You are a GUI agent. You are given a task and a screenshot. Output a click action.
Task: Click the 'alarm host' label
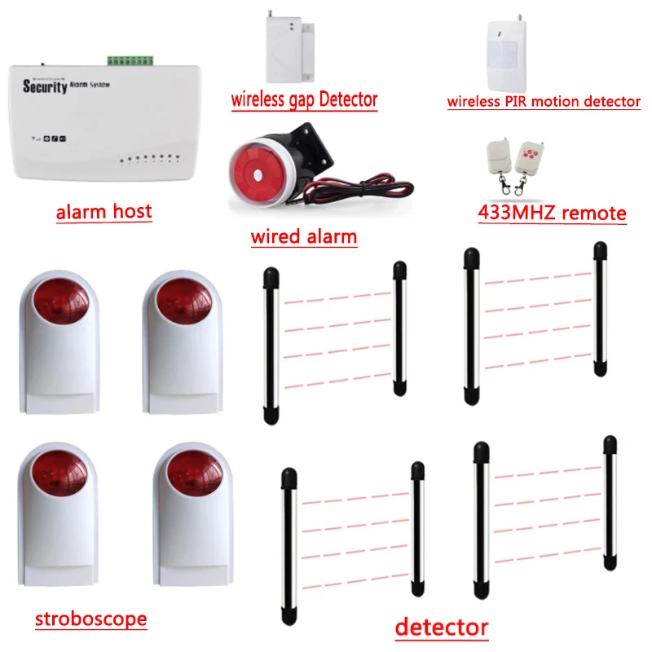coord(104,212)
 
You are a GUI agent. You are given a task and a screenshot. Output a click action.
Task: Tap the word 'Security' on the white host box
coord(45,86)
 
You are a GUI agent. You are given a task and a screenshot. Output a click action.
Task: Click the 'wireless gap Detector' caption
coord(304,100)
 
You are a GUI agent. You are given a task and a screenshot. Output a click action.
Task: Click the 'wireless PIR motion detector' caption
coord(544,102)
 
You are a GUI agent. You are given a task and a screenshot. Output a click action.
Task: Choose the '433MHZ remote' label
coord(551,214)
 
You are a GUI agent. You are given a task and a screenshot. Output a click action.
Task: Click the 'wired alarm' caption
coord(304,237)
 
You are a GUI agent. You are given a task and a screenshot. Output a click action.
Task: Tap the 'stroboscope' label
coord(90,619)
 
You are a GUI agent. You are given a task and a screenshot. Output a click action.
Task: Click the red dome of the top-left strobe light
coord(59,306)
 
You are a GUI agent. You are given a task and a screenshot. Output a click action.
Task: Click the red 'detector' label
coord(441,628)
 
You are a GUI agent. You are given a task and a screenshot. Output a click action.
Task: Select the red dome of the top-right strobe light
coord(183,306)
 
